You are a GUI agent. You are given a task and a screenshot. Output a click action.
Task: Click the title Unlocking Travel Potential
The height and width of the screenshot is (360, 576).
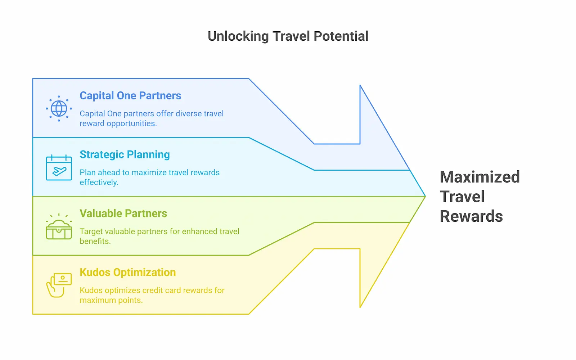pyautogui.click(x=288, y=36)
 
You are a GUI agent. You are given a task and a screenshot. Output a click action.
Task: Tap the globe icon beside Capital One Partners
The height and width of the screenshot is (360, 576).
pyautogui.click(x=59, y=108)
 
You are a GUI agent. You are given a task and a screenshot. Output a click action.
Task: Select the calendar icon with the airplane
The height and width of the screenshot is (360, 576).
pyautogui.click(x=59, y=167)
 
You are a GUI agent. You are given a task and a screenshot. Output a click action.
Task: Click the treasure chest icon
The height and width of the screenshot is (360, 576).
pyautogui.click(x=59, y=228)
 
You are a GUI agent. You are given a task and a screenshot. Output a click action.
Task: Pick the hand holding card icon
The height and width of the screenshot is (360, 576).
pyautogui.click(x=59, y=285)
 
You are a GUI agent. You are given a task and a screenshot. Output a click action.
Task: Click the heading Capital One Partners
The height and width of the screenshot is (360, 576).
pyautogui.click(x=130, y=96)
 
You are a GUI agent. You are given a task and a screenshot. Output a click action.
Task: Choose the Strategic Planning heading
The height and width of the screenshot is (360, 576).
pyautogui.click(x=125, y=155)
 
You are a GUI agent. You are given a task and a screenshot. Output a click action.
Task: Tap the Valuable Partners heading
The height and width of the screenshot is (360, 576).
pyautogui.click(x=123, y=213)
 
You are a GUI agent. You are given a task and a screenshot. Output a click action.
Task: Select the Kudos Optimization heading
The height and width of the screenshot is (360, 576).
pyautogui.click(x=128, y=273)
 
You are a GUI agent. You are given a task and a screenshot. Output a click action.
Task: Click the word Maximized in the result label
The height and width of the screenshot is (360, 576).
pyautogui.click(x=480, y=177)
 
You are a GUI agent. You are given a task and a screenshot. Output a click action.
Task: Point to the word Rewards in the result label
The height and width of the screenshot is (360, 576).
pyautogui.click(x=471, y=216)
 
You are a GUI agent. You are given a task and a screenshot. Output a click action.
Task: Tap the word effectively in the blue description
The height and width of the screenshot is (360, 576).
pyautogui.click(x=99, y=183)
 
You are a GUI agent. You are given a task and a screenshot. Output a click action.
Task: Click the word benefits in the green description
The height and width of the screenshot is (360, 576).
pyautogui.click(x=95, y=241)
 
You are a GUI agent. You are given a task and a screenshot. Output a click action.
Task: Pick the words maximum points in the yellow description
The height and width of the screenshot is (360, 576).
pyautogui.click(x=111, y=300)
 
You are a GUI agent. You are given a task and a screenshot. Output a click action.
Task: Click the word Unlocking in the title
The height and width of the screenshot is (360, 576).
pyautogui.click(x=238, y=36)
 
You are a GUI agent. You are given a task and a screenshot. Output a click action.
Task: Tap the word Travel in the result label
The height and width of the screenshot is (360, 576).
pyautogui.click(x=462, y=197)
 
